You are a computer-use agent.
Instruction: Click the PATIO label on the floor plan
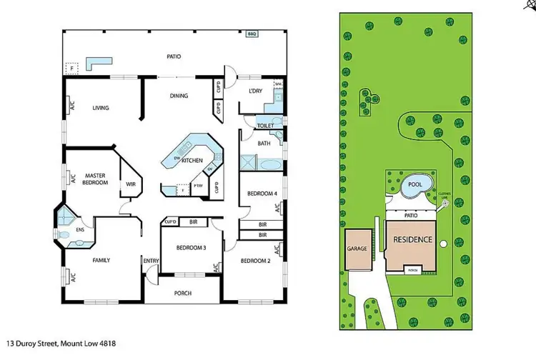pyautogui.click(x=174, y=56)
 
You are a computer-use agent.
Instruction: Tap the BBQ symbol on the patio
pyautogui.click(x=252, y=34)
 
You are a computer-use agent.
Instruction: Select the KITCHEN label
pyautogui.click(x=192, y=160)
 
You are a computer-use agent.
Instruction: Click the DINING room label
pyautogui.click(x=179, y=96)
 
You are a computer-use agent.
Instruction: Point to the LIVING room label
pyautogui.click(x=101, y=109)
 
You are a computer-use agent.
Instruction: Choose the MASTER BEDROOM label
pyautogui.click(x=95, y=179)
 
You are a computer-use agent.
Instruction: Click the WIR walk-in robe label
pyautogui.click(x=131, y=184)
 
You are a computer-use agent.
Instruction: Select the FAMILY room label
pyautogui.click(x=101, y=260)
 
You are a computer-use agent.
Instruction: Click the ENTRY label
pyautogui.click(x=151, y=261)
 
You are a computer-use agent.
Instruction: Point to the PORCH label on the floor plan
pyautogui.click(x=183, y=293)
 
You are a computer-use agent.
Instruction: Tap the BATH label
pyautogui.click(x=263, y=143)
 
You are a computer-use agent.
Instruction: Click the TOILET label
pyautogui.click(x=265, y=125)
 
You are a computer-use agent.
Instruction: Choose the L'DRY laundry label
pyautogui.click(x=255, y=92)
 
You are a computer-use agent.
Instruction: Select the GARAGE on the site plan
pyautogui.click(x=357, y=249)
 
